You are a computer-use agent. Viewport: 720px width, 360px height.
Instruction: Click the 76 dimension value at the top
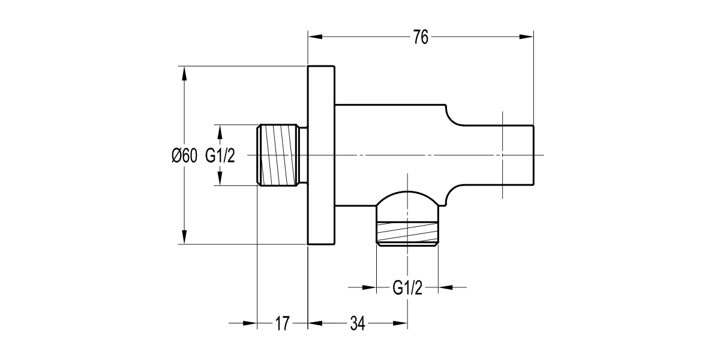(420, 37)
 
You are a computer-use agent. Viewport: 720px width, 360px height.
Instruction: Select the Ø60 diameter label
(184, 156)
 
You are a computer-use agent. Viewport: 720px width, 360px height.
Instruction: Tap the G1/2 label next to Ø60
(220, 156)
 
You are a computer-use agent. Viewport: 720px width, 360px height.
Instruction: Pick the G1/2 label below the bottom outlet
(407, 288)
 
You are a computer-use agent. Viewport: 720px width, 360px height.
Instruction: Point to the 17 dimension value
(282, 324)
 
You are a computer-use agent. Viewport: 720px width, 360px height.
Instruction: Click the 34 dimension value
(358, 324)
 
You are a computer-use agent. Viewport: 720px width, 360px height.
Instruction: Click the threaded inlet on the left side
(278, 155)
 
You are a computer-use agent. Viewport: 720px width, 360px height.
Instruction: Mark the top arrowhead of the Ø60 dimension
(184, 73)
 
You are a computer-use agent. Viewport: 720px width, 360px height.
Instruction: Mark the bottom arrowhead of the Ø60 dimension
(184, 237)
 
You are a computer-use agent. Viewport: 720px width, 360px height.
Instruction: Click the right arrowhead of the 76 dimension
(526, 37)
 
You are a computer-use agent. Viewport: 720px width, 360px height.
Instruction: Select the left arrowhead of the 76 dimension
(316, 37)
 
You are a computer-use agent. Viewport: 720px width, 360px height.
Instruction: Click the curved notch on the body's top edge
(450, 115)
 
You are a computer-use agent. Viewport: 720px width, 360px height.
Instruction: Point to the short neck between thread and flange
(304, 155)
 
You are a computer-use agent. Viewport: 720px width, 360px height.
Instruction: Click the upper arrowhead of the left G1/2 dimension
(220, 132)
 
